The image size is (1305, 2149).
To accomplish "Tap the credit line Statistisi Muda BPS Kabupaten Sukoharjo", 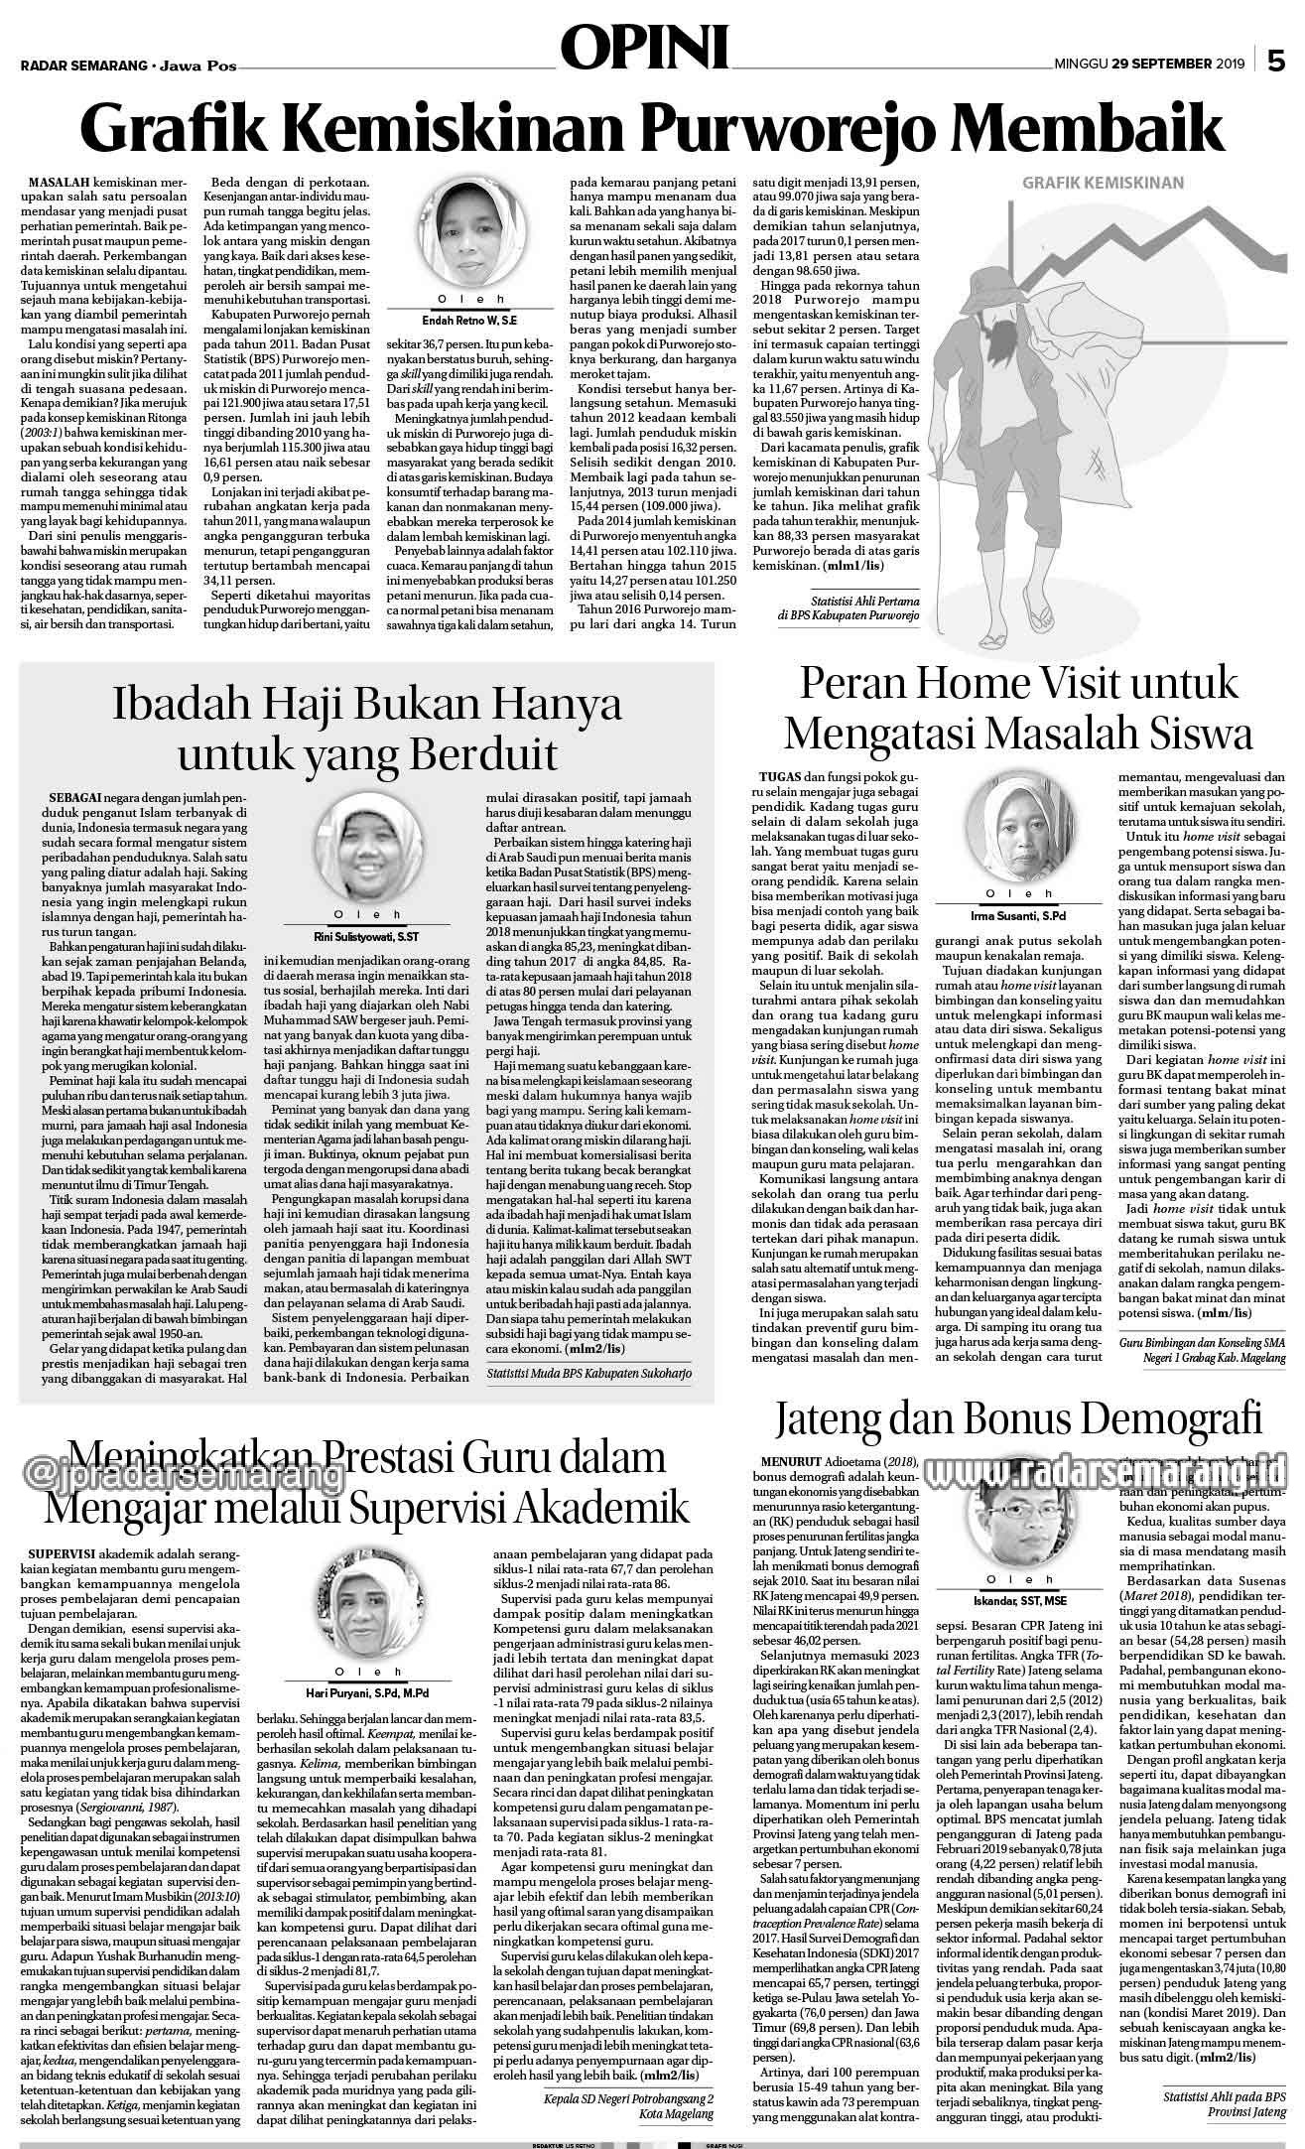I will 588,1374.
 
